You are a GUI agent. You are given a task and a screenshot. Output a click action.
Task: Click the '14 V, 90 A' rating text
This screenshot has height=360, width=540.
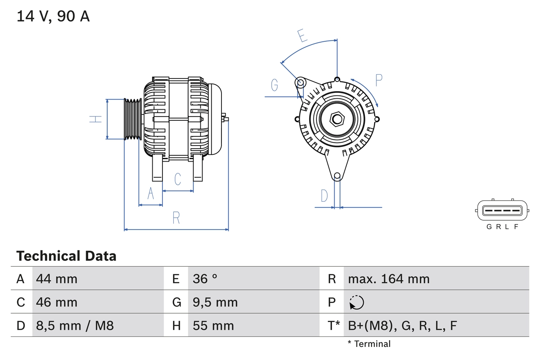point(53,16)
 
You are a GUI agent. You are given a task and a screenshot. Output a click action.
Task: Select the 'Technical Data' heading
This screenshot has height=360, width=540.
point(66,256)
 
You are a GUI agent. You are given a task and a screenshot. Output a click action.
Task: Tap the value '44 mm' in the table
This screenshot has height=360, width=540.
point(57,279)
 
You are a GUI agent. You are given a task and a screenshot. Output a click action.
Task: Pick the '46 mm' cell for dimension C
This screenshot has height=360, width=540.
point(57,302)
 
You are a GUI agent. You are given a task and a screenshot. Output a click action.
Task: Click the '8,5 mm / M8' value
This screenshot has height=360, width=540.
point(75,325)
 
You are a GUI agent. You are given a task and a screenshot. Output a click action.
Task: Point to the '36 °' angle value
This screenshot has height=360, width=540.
point(205,279)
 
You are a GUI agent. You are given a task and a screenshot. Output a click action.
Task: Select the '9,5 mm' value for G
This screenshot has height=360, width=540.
point(215,302)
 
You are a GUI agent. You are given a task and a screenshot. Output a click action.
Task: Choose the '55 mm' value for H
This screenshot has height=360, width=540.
point(213,325)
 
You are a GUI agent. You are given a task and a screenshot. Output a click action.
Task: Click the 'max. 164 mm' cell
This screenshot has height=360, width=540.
point(389,279)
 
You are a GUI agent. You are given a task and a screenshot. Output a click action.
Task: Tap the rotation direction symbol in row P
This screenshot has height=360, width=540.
point(356,302)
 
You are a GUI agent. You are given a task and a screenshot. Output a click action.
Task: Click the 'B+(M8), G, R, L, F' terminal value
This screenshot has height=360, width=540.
point(402,325)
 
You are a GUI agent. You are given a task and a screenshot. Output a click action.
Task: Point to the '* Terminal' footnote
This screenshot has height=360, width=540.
point(369,344)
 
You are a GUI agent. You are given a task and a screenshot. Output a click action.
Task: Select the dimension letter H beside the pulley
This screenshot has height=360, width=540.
point(96,119)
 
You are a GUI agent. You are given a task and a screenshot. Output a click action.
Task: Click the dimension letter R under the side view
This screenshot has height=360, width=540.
point(176,218)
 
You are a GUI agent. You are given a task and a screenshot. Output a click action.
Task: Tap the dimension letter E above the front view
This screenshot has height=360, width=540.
point(302,36)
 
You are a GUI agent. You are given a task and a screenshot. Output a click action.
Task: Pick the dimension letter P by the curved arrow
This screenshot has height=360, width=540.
point(378,80)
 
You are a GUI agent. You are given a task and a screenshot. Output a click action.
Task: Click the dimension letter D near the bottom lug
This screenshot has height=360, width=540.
point(324,196)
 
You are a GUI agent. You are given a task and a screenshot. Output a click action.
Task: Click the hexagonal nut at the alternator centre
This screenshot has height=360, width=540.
point(337,119)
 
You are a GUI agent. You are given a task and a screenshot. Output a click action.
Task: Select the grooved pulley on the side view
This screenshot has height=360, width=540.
point(132,119)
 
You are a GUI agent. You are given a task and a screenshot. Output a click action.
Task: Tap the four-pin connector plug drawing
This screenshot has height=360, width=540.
point(502,210)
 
